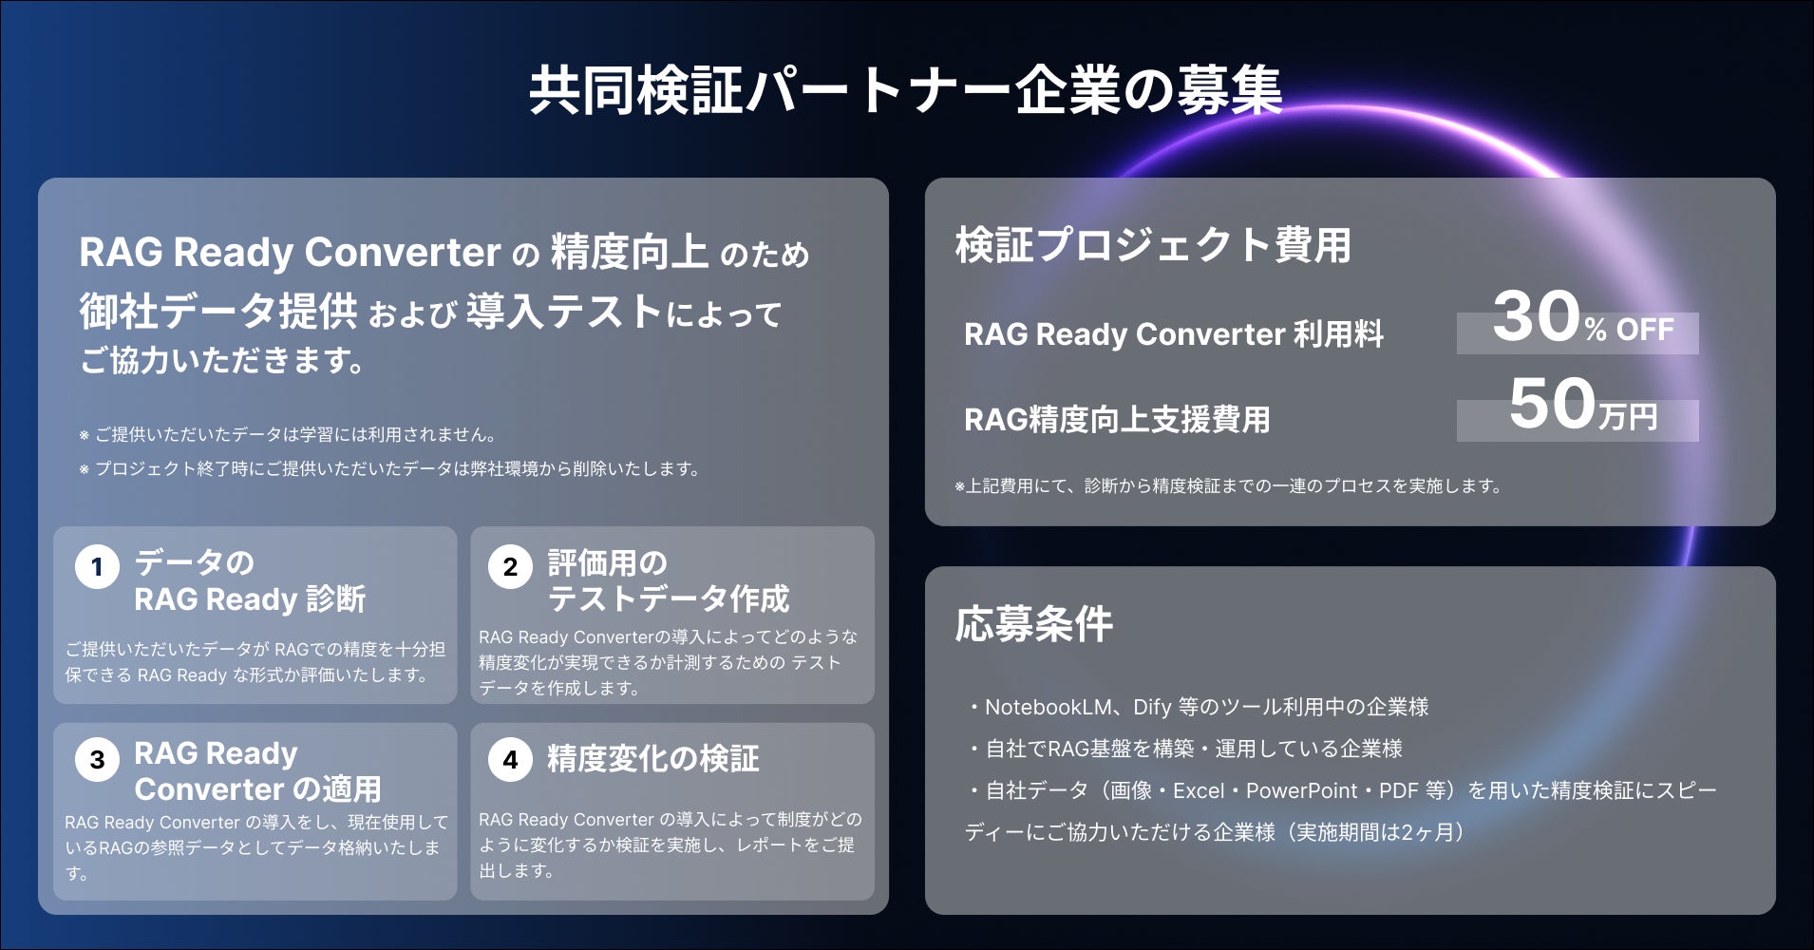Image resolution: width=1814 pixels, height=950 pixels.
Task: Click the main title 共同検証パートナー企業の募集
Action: click(905, 91)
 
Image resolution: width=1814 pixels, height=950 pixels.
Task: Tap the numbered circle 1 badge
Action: click(97, 567)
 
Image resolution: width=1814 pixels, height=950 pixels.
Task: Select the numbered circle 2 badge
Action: click(510, 567)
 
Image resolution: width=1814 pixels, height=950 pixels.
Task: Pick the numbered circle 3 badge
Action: click(97, 759)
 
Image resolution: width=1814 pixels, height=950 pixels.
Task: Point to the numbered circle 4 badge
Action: click(510, 759)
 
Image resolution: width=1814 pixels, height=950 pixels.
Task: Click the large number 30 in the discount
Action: click(1536, 317)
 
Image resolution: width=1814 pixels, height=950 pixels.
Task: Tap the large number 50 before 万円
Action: click(1552, 404)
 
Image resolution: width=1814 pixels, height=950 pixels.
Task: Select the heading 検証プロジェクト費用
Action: click(1153, 245)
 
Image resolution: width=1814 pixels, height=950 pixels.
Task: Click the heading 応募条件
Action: click(1033, 624)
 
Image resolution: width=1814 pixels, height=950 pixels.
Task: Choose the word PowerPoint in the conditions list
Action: click(1301, 790)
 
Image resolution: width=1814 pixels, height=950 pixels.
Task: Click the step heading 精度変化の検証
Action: click(653, 759)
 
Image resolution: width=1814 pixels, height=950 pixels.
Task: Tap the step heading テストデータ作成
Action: click(669, 598)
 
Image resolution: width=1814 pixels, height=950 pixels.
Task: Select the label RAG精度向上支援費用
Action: click(1117, 420)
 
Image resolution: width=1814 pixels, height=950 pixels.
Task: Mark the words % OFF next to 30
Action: click(1629, 331)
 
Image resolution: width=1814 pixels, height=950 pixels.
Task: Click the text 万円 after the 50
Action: click(1628, 417)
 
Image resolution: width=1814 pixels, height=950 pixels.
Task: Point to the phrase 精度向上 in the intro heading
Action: click(629, 253)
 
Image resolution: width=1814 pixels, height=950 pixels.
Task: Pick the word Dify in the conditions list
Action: click(1152, 707)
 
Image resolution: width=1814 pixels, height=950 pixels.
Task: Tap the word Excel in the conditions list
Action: click(1199, 790)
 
